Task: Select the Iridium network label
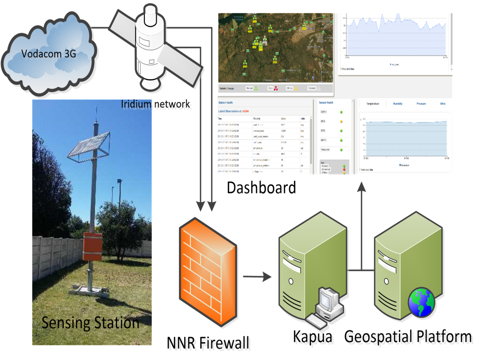[x=156, y=104]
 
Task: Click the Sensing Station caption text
[x=90, y=322]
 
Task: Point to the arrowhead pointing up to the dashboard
[x=361, y=187]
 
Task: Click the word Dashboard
[x=261, y=187]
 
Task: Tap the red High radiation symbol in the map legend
[x=276, y=88]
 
